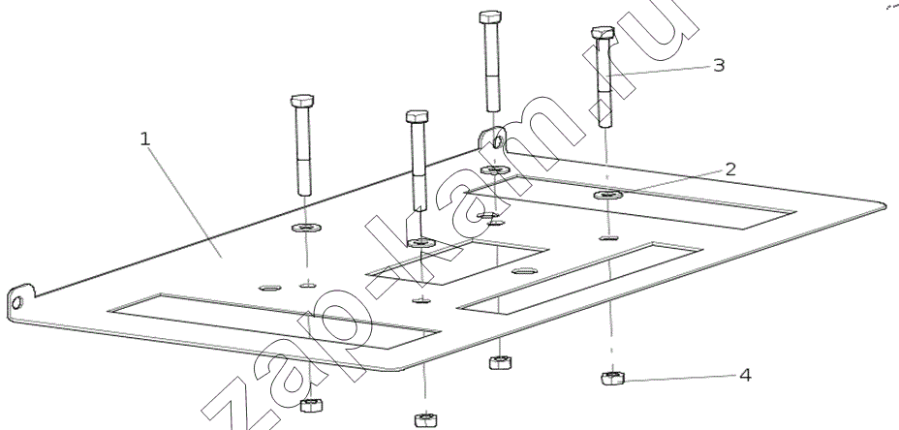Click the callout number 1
tap(144, 139)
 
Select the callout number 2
tap(729, 169)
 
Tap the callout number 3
tap(718, 65)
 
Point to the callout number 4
tap(744, 374)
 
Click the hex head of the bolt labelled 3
tap(603, 36)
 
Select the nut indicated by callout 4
tap(611, 378)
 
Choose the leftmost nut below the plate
tap(311, 404)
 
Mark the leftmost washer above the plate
tap(306, 230)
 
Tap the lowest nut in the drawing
tap(423, 419)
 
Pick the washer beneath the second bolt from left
tap(419, 242)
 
